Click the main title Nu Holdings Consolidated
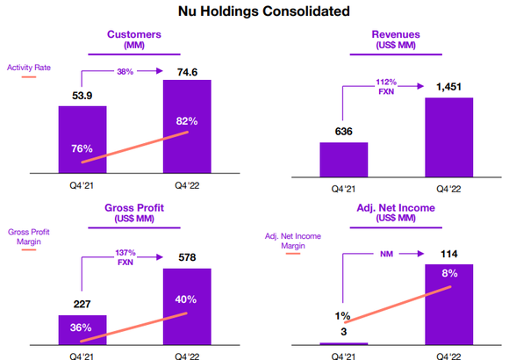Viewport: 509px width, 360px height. (254, 12)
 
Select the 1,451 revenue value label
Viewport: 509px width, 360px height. (448, 87)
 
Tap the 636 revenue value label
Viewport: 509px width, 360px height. (343, 131)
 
